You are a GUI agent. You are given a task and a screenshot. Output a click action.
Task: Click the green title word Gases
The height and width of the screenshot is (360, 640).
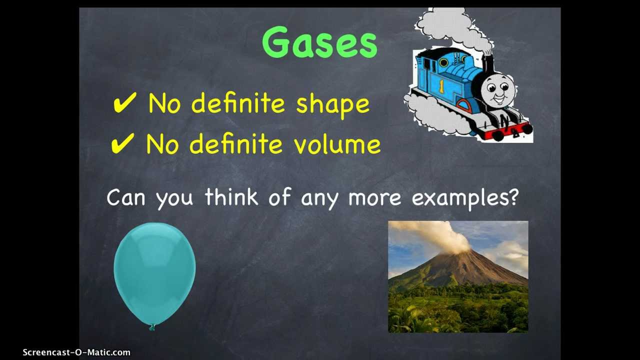point(319,43)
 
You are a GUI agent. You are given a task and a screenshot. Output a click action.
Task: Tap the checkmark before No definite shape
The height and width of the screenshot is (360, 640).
point(124,103)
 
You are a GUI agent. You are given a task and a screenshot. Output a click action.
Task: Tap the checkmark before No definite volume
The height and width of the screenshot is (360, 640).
point(122,144)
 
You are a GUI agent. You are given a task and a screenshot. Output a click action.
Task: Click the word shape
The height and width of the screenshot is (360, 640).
point(333,104)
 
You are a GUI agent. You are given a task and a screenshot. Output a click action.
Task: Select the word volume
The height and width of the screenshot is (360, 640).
point(337,144)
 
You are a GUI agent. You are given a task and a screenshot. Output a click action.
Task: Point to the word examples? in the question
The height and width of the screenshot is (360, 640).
point(464,197)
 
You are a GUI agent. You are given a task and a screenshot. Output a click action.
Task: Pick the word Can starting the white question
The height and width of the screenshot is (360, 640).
point(128,197)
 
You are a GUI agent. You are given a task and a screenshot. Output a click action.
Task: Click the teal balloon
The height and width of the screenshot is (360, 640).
point(154,272)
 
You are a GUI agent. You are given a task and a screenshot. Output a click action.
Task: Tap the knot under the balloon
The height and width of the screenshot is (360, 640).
point(152,327)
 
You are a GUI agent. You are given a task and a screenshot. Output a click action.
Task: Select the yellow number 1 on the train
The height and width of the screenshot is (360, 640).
point(441,86)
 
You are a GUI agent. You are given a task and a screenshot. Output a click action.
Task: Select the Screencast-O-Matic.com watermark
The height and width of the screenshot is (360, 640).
point(76,352)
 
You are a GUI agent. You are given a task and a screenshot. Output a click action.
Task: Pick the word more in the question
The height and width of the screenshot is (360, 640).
point(374,197)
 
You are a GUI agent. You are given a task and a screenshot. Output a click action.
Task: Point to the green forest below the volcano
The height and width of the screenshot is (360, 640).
point(457,310)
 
